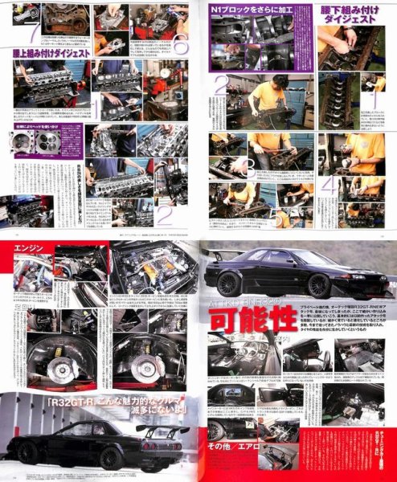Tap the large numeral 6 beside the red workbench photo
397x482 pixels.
coord(179,46)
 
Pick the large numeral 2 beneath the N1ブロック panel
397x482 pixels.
coord(219,88)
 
